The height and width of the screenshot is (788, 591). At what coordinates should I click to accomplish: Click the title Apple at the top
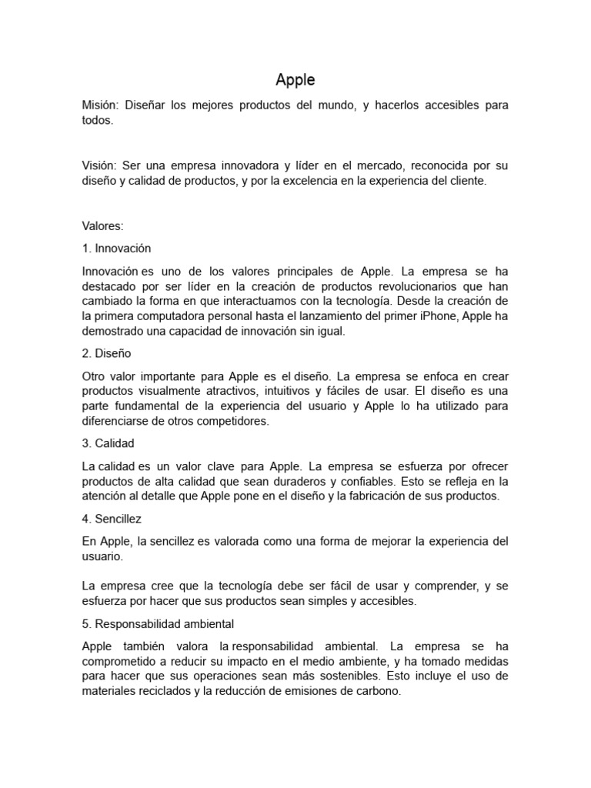(295, 79)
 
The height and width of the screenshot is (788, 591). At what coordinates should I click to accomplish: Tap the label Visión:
(100, 165)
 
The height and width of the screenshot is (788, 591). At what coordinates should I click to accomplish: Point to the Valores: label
(102, 225)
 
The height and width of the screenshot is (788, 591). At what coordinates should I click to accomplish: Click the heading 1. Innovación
(116, 249)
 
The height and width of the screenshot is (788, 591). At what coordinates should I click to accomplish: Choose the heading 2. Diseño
(106, 353)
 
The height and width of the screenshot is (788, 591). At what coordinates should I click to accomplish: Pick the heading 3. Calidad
(108, 444)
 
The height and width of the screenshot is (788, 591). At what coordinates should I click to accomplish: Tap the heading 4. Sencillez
(112, 519)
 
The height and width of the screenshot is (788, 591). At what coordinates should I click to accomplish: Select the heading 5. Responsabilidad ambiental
(158, 624)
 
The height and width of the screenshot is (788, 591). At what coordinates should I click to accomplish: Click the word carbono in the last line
(376, 691)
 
